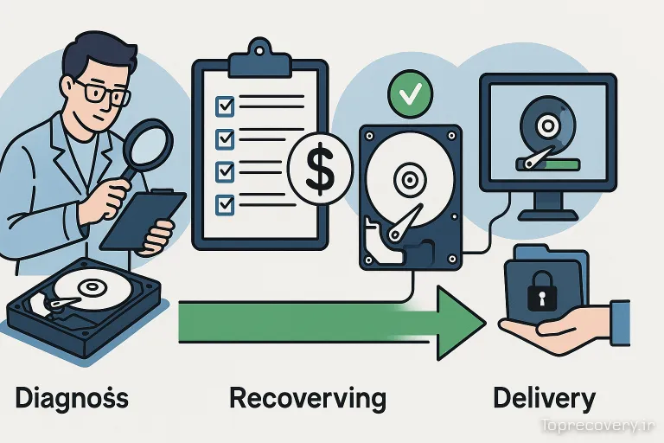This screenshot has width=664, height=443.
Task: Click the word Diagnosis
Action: [72, 398]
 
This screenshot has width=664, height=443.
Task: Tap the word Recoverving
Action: [307, 398]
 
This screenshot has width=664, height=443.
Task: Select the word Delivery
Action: [544, 398]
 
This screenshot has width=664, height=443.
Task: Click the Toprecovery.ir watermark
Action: [596, 425]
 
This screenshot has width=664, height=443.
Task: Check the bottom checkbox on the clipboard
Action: [224, 203]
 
